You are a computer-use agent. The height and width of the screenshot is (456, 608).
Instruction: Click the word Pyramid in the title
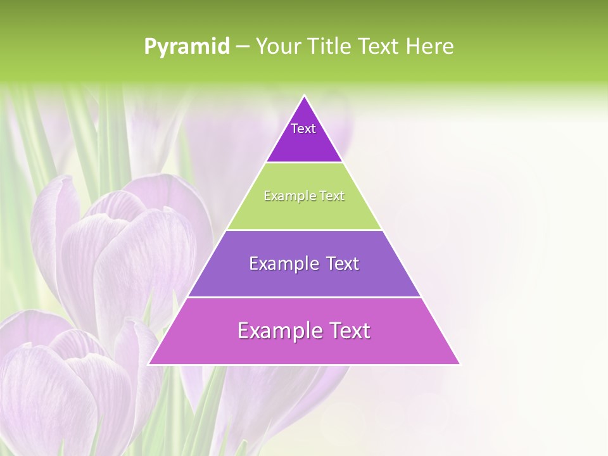coord(186,47)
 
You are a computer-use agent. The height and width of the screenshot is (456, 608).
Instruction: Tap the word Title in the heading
coord(330,47)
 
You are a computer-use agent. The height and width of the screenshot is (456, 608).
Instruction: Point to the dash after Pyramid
coord(242,47)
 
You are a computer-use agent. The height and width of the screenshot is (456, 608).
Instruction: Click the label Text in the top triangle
coord(303,129)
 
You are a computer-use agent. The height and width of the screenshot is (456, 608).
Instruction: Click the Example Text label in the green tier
coord(304,196)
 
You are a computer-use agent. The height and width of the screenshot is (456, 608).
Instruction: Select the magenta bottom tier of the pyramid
coord(304,348)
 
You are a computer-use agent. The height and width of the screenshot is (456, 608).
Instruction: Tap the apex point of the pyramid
coord(304,96)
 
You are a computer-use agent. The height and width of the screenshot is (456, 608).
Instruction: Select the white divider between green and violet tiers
coord(304,230)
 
